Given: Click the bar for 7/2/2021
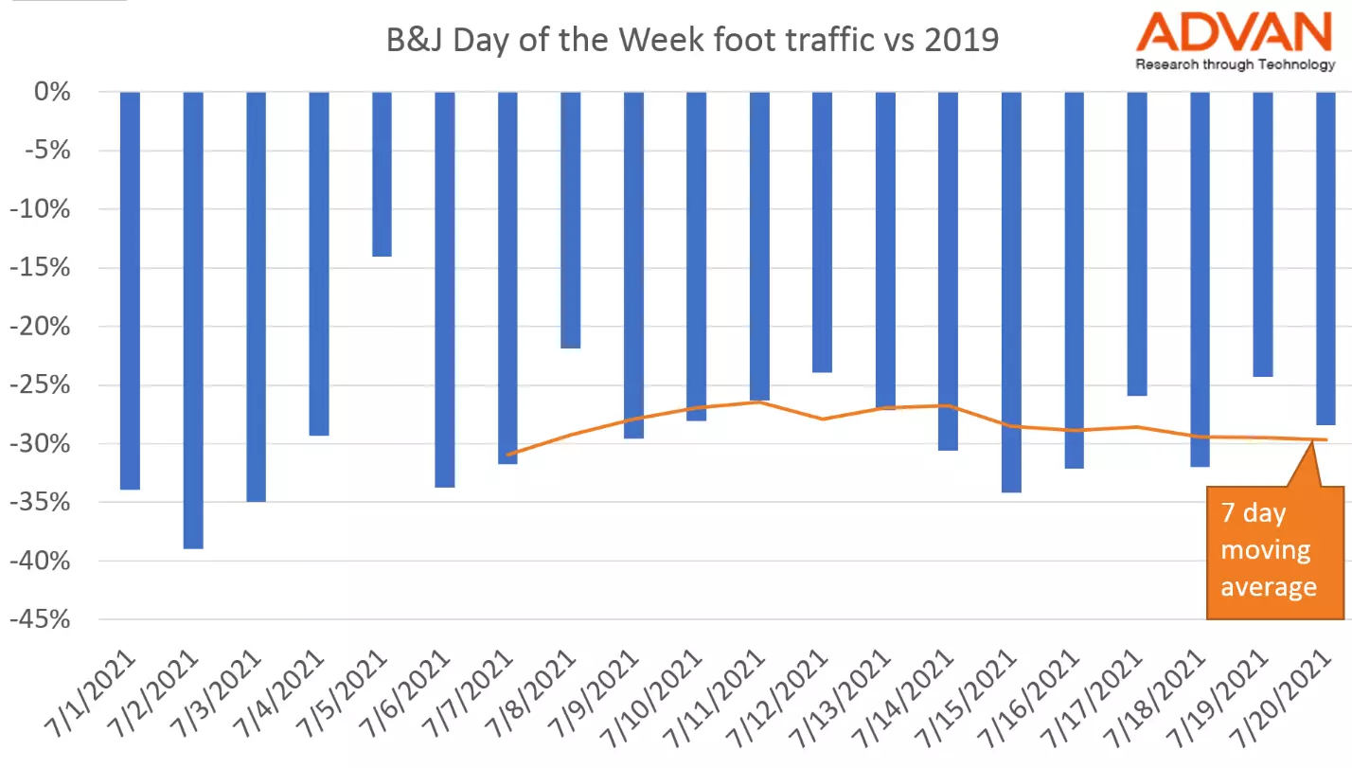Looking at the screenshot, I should point(193,320).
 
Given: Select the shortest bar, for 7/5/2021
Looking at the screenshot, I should point(382,174).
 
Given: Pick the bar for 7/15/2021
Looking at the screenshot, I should point(1011,292).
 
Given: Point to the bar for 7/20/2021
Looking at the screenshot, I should point(1325,258).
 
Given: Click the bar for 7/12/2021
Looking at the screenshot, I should point(822,232).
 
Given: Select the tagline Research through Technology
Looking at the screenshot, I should point(1235,64).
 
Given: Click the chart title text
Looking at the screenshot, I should point(692,41).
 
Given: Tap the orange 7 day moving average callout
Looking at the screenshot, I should point(1275,551).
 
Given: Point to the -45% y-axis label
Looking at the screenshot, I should point(39,620).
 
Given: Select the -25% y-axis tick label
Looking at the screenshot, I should point(39,385).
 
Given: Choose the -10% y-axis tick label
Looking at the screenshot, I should point(39,210).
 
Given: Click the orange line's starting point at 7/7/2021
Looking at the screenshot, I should point(508,455).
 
